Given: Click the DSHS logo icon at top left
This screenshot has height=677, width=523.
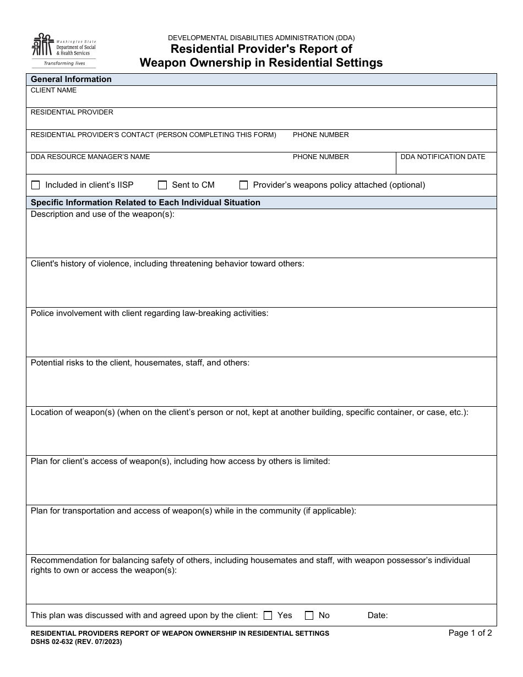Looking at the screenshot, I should (43, 45).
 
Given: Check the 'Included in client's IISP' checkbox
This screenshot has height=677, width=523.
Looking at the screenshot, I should (36, 185).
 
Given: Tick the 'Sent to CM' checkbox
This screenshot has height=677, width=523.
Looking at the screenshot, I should (162, 185).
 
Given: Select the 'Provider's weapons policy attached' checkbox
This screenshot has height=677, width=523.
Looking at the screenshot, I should (243, 185).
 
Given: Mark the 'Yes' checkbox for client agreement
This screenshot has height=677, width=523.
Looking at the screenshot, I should (268, 615).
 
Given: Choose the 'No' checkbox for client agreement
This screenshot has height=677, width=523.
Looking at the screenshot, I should (309, 615).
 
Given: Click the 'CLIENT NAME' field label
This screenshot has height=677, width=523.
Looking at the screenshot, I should (53, 90).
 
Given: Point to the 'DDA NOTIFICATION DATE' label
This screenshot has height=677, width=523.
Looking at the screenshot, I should (443, 157).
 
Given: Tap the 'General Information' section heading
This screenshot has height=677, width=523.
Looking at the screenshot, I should (71, 79).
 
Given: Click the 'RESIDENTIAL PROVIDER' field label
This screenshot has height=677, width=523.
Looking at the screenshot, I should (72, 112).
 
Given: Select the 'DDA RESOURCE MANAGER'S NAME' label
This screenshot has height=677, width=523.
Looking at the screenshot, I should (90, 157).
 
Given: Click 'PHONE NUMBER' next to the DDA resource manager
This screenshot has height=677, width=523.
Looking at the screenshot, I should (320, 157).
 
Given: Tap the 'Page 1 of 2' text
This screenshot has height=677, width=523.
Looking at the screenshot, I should (470, 633).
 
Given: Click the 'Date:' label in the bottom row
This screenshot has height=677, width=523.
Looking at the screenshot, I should (378, 615).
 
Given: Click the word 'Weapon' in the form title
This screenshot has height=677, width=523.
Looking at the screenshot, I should (161, 63).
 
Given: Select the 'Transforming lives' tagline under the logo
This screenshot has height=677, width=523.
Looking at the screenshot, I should (64, 63).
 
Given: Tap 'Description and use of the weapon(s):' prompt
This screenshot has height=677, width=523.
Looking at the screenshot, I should (102, 214).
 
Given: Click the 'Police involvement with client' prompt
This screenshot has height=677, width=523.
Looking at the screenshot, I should (149, 313).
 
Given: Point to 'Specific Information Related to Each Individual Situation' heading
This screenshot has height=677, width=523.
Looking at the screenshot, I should (145, 203).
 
